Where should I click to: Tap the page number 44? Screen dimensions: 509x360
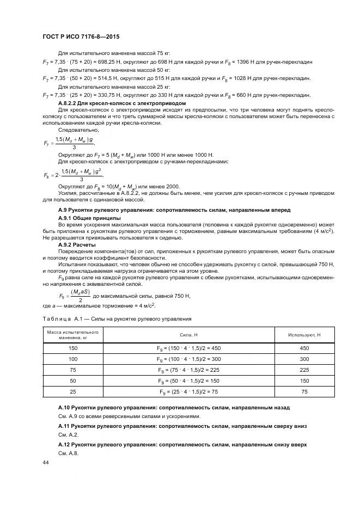(46, 462)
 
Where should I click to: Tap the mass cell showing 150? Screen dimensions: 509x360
(74, 348)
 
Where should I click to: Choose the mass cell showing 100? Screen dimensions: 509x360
(74, 359)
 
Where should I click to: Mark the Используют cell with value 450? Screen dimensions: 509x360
(304, 348)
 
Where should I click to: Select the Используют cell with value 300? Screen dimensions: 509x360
(304, 359)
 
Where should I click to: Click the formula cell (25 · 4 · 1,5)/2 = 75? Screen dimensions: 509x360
(188, 392)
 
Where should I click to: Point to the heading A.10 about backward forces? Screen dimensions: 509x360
(174, 407)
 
